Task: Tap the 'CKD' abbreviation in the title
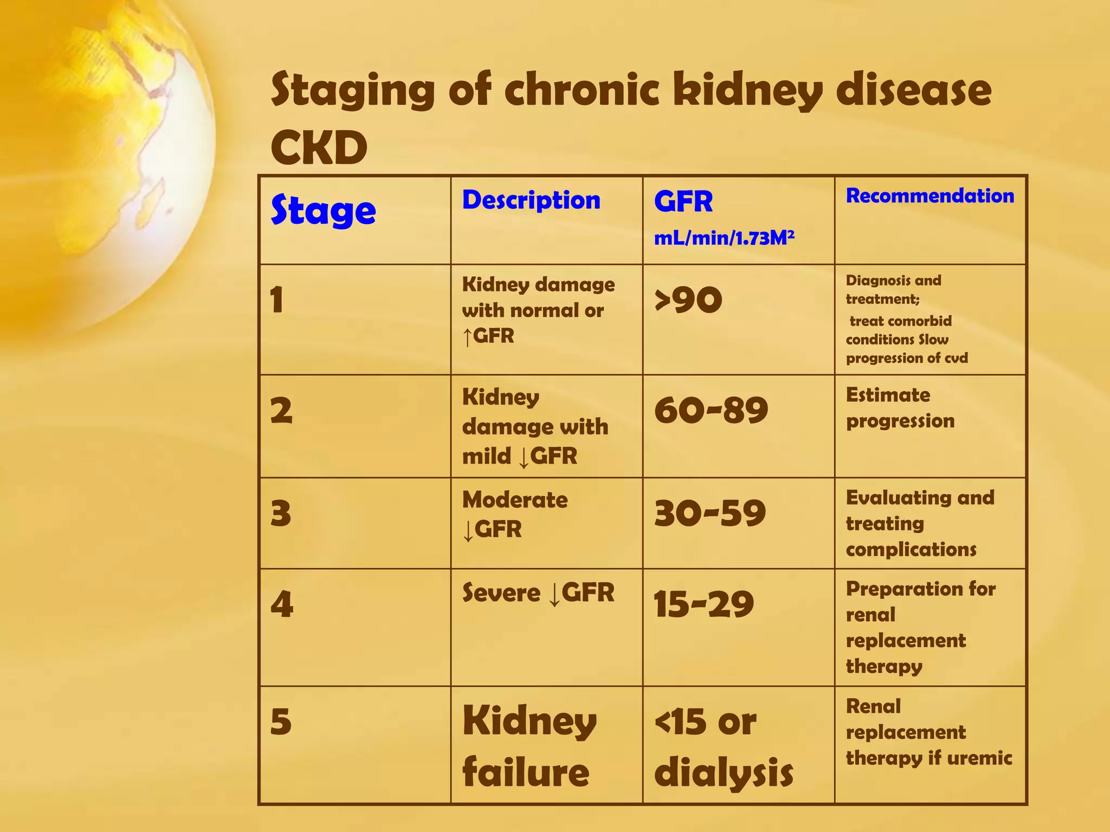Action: tap(319, 148)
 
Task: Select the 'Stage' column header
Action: tap(323, 210)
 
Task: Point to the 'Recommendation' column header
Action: tap(930, 196)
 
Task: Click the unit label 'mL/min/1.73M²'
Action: tap(724, 238)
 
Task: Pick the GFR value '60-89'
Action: tap(711, 410)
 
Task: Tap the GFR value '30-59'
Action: tap(710, 513)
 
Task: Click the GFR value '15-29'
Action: tap(704, 604)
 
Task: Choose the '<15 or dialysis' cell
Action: tap(724, 747)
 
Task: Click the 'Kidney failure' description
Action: tap(529, 747)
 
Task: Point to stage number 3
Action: tap(281, 513)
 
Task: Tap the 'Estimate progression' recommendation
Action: tap(900, 408)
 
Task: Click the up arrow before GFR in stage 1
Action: tap(467, 337)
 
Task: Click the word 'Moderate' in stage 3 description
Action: tap(515, 500)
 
